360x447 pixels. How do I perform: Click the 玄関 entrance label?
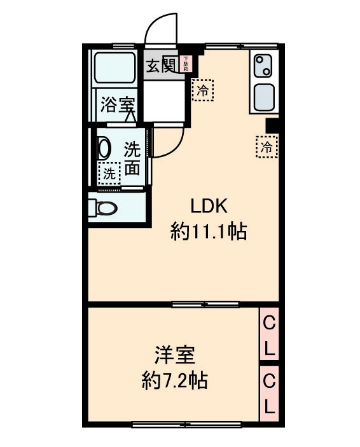160,65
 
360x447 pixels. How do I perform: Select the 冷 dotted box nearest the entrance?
202,90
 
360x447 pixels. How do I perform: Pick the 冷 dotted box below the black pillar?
267,147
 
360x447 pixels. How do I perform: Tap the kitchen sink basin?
263,97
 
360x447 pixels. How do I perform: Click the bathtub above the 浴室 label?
114,68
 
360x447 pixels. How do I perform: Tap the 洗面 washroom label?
132,158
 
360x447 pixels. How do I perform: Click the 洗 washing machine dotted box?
109,172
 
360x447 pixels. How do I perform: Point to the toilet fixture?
104,207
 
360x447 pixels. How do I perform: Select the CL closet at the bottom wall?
269,394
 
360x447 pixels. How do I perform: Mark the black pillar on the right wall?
272,127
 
